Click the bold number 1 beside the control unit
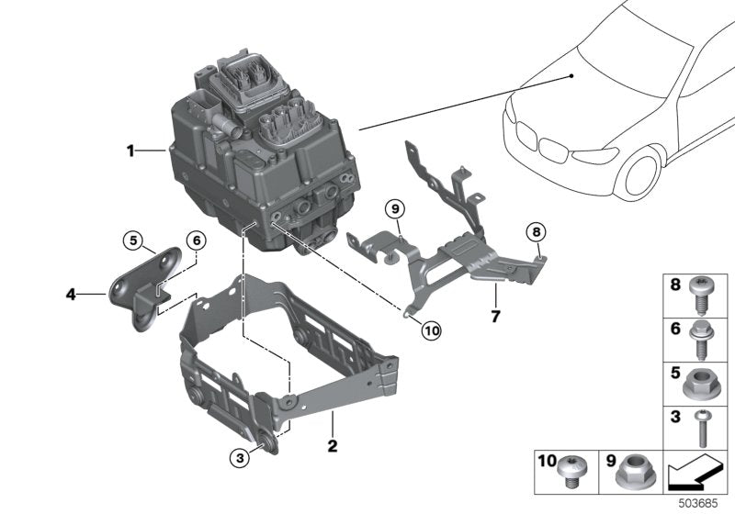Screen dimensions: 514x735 click(131, 150)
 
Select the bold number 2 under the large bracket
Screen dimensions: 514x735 click(333, 446)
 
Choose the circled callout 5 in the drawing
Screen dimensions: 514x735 click(134, 241)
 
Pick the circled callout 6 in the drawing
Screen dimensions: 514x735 click(195, 240)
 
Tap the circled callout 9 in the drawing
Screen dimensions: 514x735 click(393, 207)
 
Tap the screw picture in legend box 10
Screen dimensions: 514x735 click(572, 471)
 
